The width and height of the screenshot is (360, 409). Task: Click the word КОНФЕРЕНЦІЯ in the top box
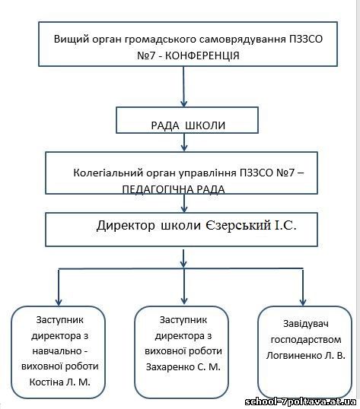tap(202, 55)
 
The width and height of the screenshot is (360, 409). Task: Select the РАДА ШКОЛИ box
tap(187, 120)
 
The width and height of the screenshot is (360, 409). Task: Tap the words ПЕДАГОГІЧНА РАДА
tap(174, 189)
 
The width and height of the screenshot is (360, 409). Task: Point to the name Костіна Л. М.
tap(60, 382)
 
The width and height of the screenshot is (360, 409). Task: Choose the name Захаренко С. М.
tap(183, 367)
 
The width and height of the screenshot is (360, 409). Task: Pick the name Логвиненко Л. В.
tap(306, 356)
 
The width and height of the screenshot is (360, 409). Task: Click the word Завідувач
tap(306, 324)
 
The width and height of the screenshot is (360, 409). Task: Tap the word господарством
tap(306, 340)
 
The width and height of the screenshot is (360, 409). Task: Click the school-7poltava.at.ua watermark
tap(301, 401)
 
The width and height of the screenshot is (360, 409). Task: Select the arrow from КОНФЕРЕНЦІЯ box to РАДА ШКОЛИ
tap(183, 87)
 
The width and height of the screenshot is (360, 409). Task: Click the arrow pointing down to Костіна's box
tap(59, 287)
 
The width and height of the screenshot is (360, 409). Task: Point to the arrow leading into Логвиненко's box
tap(303, 287)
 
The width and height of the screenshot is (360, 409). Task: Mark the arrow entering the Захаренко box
tap(184, 286)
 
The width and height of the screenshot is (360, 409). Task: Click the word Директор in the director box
tap(126, 225)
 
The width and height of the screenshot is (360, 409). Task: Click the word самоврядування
tap(243, 39)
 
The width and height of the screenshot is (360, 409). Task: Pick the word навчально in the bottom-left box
tap(57, 351)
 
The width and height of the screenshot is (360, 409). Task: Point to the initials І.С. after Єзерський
tap(285, 225)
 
